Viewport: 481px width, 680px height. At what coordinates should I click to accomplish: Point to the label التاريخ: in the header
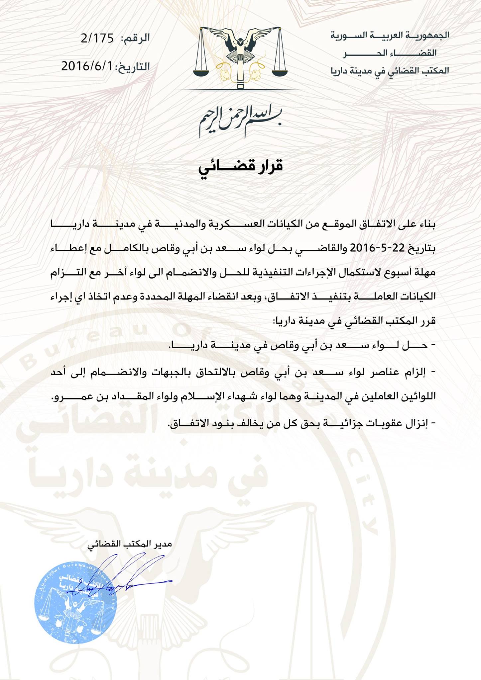tap(132, 66)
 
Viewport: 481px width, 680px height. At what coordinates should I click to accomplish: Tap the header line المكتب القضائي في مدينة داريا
tap(390, 71)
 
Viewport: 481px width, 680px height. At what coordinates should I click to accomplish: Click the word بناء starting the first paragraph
tap(426, 225)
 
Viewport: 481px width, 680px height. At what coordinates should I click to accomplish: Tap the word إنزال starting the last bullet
tap(419, 424)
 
